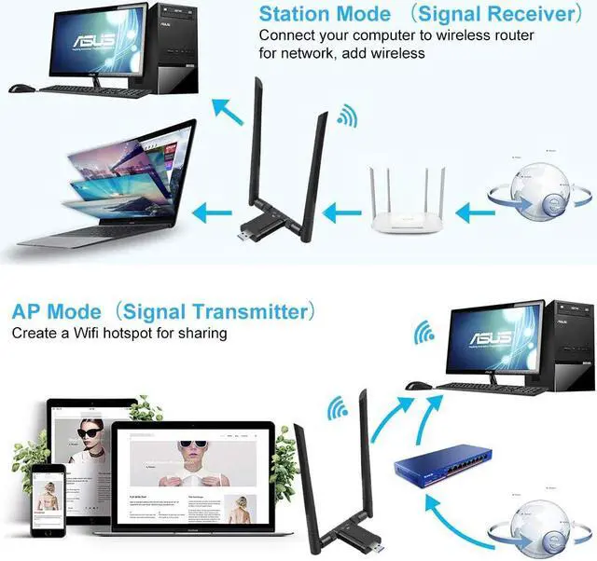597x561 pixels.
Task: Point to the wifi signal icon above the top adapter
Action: (347, 118)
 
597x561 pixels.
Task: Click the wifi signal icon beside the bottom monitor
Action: (425, 334)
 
